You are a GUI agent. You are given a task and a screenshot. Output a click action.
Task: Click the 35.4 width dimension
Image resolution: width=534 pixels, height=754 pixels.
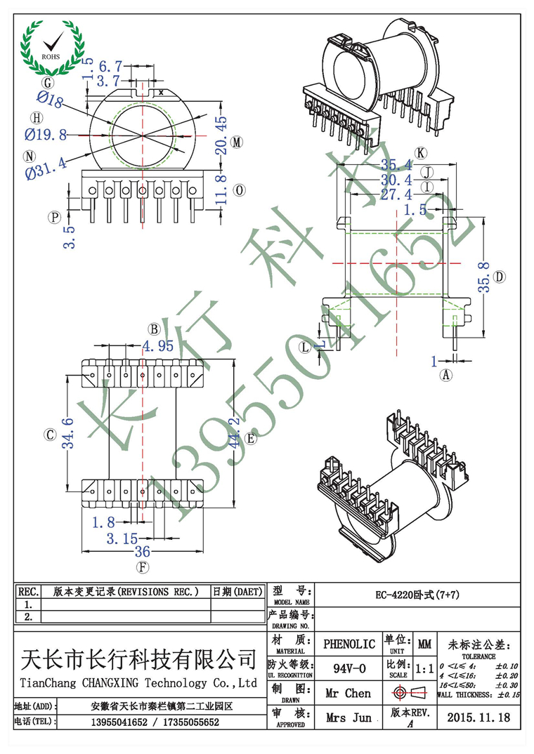[x=396, y=166]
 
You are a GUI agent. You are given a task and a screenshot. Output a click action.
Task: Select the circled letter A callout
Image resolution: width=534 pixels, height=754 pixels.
[x=446, y=376]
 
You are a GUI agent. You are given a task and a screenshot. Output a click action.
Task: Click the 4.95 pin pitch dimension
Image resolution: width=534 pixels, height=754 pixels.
[x=157, y=345]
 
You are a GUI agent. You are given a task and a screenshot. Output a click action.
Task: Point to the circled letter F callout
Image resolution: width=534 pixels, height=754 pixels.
[x=143, y=567]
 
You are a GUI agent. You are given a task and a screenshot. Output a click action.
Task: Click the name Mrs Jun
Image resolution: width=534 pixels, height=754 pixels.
[x=349, y=717]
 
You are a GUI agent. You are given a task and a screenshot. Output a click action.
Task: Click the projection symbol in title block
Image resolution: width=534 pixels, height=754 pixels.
[x=412, y=693]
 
